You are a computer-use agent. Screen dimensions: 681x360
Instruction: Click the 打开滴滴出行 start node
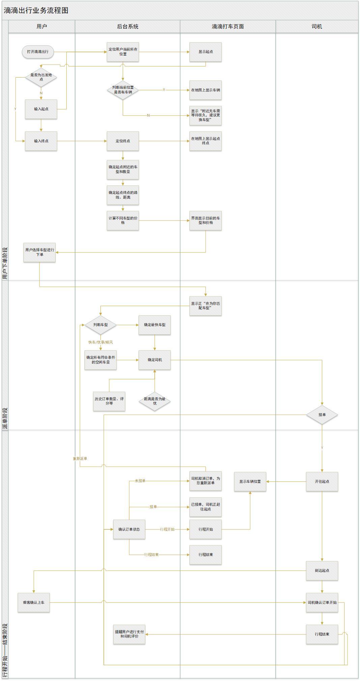(x=38, y=52)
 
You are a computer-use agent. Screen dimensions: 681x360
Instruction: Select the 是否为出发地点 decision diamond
(x=41, y=77)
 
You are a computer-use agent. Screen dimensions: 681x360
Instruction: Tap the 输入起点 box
(x=41, y=109)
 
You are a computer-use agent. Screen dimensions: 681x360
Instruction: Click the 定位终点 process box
(x=123, y=141)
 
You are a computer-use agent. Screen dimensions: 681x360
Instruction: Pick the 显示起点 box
(x=205, y=52)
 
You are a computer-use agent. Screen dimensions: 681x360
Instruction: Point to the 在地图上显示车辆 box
(x=205, y=90)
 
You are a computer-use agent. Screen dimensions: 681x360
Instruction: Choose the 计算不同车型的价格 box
(x=123, y=220)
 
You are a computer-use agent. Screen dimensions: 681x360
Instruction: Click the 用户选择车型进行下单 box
(x=39, y=252)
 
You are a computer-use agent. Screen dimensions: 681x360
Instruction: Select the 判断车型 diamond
(x=100, y=325)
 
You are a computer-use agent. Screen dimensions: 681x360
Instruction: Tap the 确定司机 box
(x=155, y=360)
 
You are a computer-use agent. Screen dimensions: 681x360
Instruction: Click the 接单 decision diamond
(x=322, y=415)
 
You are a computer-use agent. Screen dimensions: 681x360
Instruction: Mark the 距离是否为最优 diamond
(x=155, y=401)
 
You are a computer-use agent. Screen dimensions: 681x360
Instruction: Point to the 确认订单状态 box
(x=129, y=529)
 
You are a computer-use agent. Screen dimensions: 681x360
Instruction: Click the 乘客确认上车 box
(x=34, y=602)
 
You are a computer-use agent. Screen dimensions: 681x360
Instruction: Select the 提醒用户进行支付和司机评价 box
(x=129, y=634)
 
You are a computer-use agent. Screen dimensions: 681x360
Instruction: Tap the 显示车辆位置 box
(x=250, y=481)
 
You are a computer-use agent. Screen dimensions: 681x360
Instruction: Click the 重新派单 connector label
(x=80, y=458)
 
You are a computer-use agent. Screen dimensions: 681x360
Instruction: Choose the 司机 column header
(x=317, y=27)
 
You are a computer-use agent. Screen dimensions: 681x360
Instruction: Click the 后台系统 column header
(x=127, y=27)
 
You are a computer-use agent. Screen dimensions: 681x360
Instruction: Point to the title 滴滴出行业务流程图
(x=36, y=10)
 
